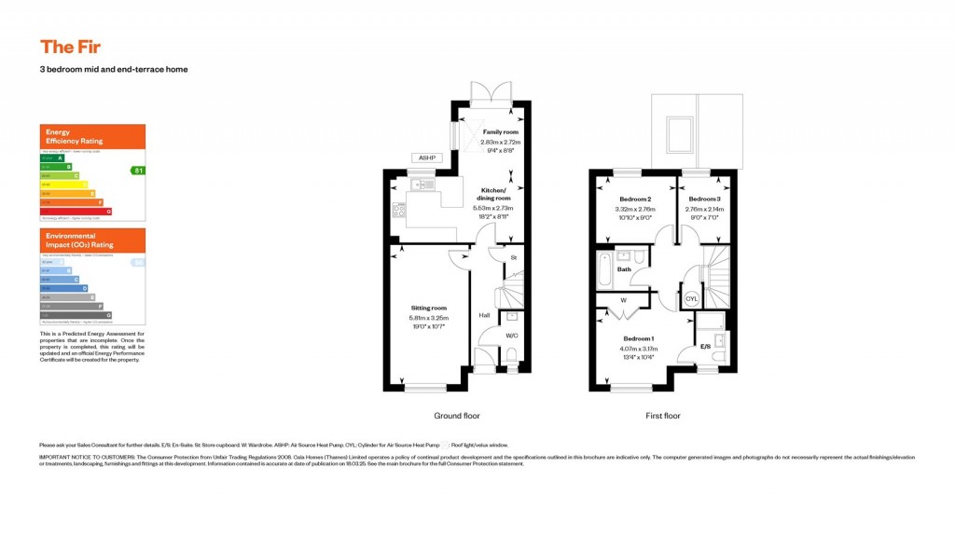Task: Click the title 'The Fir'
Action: tap(70, 47)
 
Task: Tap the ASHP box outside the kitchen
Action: tap(425, 158)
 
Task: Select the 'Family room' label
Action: tap(501, 132)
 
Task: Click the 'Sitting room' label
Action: tap(430, 308)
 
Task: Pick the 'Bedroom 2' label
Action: tap(635, 199)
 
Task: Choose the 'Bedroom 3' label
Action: tap(704, 199)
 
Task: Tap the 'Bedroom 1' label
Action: tap(639, 337)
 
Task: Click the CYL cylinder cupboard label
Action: tap(691, 299)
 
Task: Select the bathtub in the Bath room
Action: tap(604, 268)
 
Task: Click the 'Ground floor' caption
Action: tap(457, 416)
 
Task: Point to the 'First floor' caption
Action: tap(661, 416)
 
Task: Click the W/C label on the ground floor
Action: tap(512, 336)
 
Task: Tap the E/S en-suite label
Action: tap(706, 348)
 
